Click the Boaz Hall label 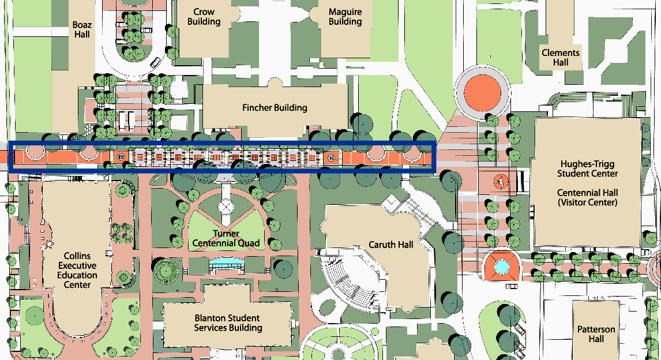coord(82,29)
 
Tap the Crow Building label coord(204,17)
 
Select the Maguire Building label coord(345,17)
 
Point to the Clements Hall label coord(560,58)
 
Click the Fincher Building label coord(275,108)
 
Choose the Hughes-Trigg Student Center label coord(587,168)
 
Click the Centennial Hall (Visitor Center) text coord(587,197)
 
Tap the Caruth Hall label coord(391,245)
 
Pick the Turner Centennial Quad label coord(226,238)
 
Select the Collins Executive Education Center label coord(77,269)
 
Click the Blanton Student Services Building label coord(228,323)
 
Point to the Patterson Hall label coord(596,334)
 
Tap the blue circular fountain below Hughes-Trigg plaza coord(501,267)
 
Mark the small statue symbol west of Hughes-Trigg coord(501,183)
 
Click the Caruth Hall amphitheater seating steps coord(346,283)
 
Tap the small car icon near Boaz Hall coord(154,62)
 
